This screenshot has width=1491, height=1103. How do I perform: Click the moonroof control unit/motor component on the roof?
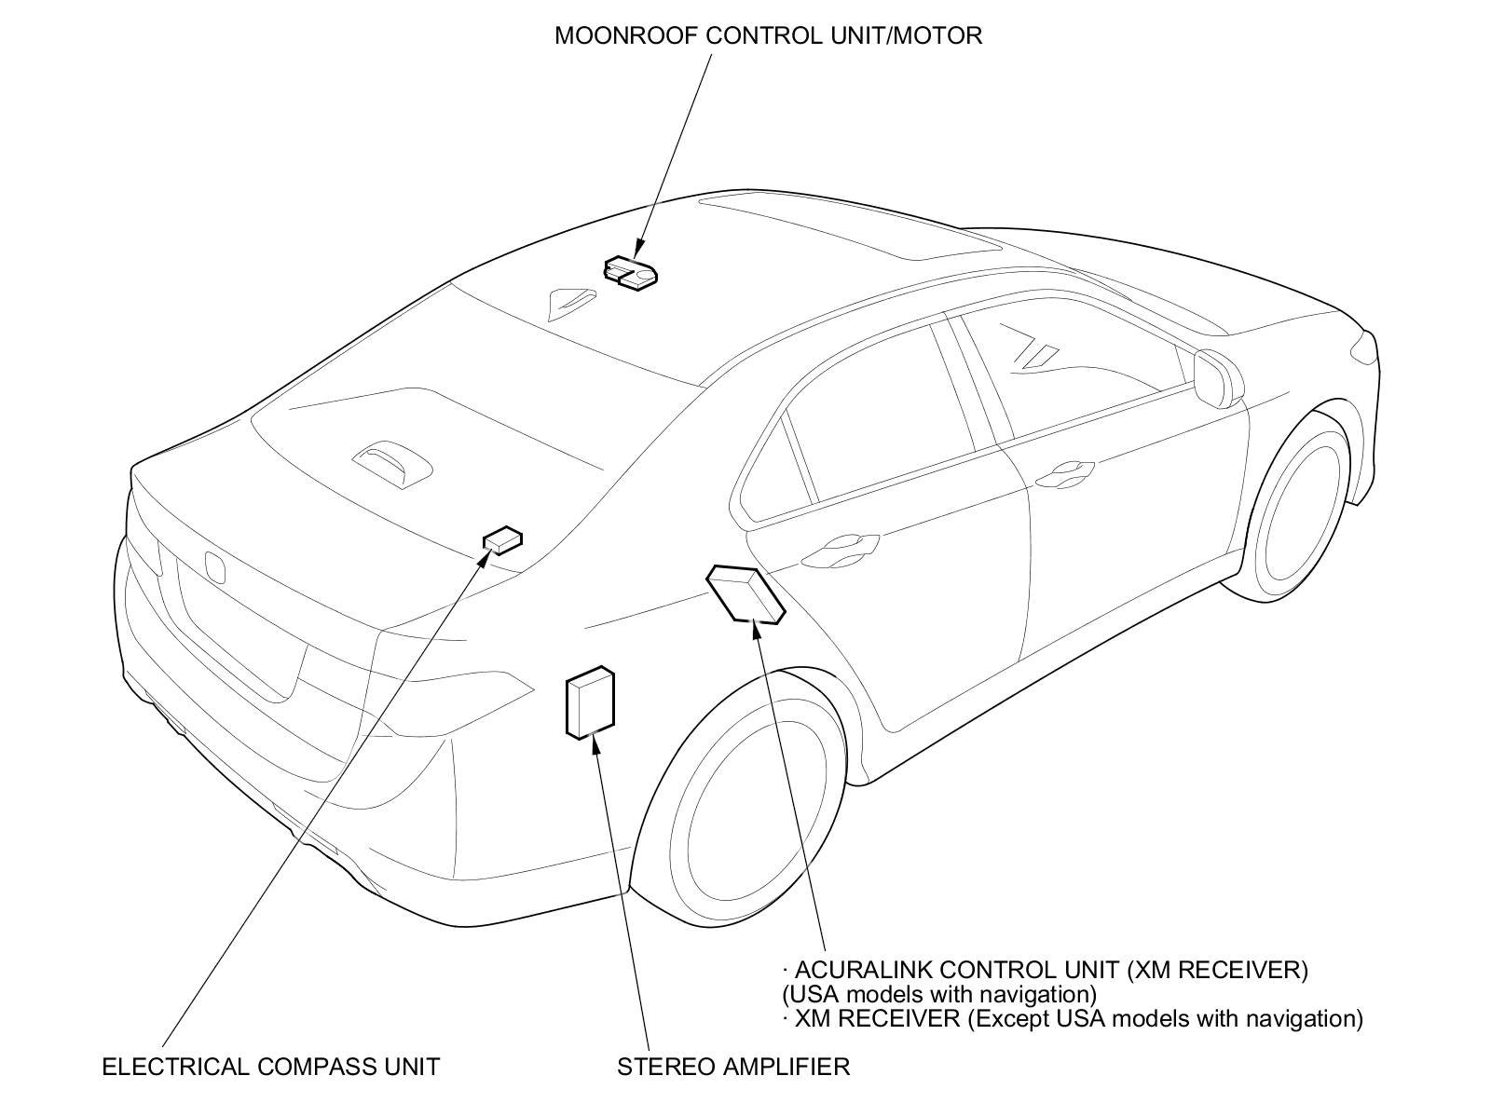click(630, 273)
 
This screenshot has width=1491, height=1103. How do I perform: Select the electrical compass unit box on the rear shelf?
click(502, 539)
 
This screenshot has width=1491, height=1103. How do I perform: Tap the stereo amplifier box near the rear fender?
click(590, 702)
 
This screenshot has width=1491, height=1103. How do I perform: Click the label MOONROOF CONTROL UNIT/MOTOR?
click(768, 36)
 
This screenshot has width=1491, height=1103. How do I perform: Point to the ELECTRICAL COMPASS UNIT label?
click(270, 1067)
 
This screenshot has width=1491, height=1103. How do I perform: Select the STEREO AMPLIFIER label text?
click(733, 1067)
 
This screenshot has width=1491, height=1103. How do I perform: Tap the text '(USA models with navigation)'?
click(938, 994)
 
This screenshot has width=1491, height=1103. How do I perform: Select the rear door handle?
click(845, 544)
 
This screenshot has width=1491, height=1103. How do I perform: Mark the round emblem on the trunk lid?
click(215, 565)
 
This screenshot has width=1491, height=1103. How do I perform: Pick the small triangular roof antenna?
click(570, 299)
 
